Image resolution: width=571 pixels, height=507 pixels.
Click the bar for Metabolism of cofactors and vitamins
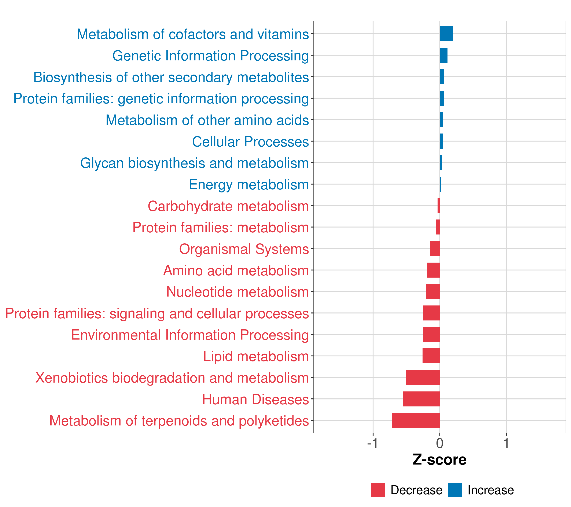coord(446,34)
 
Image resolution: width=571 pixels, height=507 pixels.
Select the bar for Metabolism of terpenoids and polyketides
coord(416,420)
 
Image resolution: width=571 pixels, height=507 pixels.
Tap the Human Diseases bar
coord(421,399)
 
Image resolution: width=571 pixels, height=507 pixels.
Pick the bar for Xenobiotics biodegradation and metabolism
coord(423,377)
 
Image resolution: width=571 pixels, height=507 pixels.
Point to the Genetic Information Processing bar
coord(444,55)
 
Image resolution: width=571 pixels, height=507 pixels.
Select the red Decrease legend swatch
coord(378,490)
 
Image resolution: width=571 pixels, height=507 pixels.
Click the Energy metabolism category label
coord(249,185)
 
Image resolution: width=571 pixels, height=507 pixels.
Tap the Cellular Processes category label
coord(250,142)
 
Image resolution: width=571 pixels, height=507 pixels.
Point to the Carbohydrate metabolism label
coord(228,206)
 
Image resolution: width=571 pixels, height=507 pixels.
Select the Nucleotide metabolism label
coord(237,292)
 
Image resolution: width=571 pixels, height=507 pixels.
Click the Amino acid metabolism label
coord(236,271)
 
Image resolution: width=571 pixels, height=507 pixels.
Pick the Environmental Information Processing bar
coord(432,334)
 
